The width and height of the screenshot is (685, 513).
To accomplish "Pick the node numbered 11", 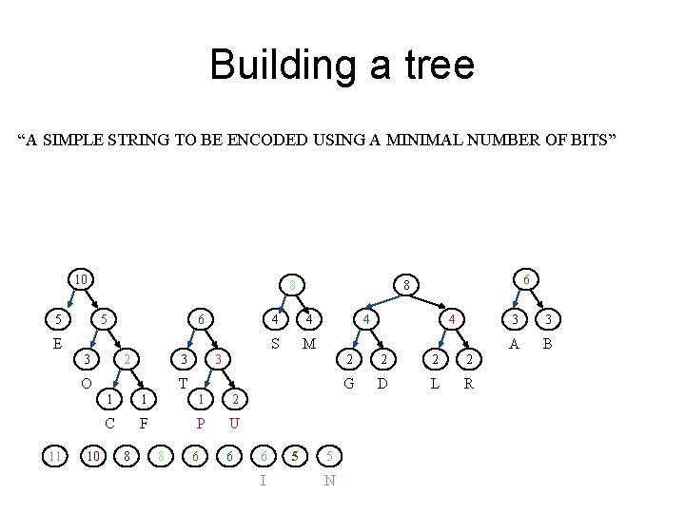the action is point(54,456).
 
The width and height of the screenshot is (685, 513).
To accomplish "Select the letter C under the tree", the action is point(109,422).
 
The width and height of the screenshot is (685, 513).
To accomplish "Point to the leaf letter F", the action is point(144,422).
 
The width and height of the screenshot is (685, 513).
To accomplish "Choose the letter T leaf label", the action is point(183,383).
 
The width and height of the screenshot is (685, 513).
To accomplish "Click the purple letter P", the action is point(201,422).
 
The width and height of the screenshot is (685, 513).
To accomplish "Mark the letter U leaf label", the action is point(234,422).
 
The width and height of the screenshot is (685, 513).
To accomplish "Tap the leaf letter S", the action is point(275,342).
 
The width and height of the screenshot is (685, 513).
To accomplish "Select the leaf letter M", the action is point(307,342).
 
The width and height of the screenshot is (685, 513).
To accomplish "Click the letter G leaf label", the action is point(349,383).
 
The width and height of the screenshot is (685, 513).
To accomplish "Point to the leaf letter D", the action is point(382,383).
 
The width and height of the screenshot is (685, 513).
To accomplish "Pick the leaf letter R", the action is point(467,383).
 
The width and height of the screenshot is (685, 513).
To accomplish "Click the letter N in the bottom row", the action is point(328,480).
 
